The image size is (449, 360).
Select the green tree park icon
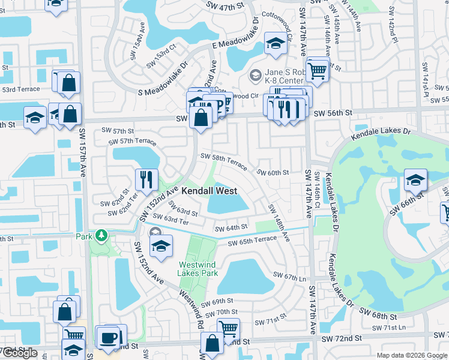point(102,236)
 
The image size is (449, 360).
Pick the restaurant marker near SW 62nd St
point(146,178)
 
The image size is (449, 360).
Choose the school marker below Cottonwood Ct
point(275,44)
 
